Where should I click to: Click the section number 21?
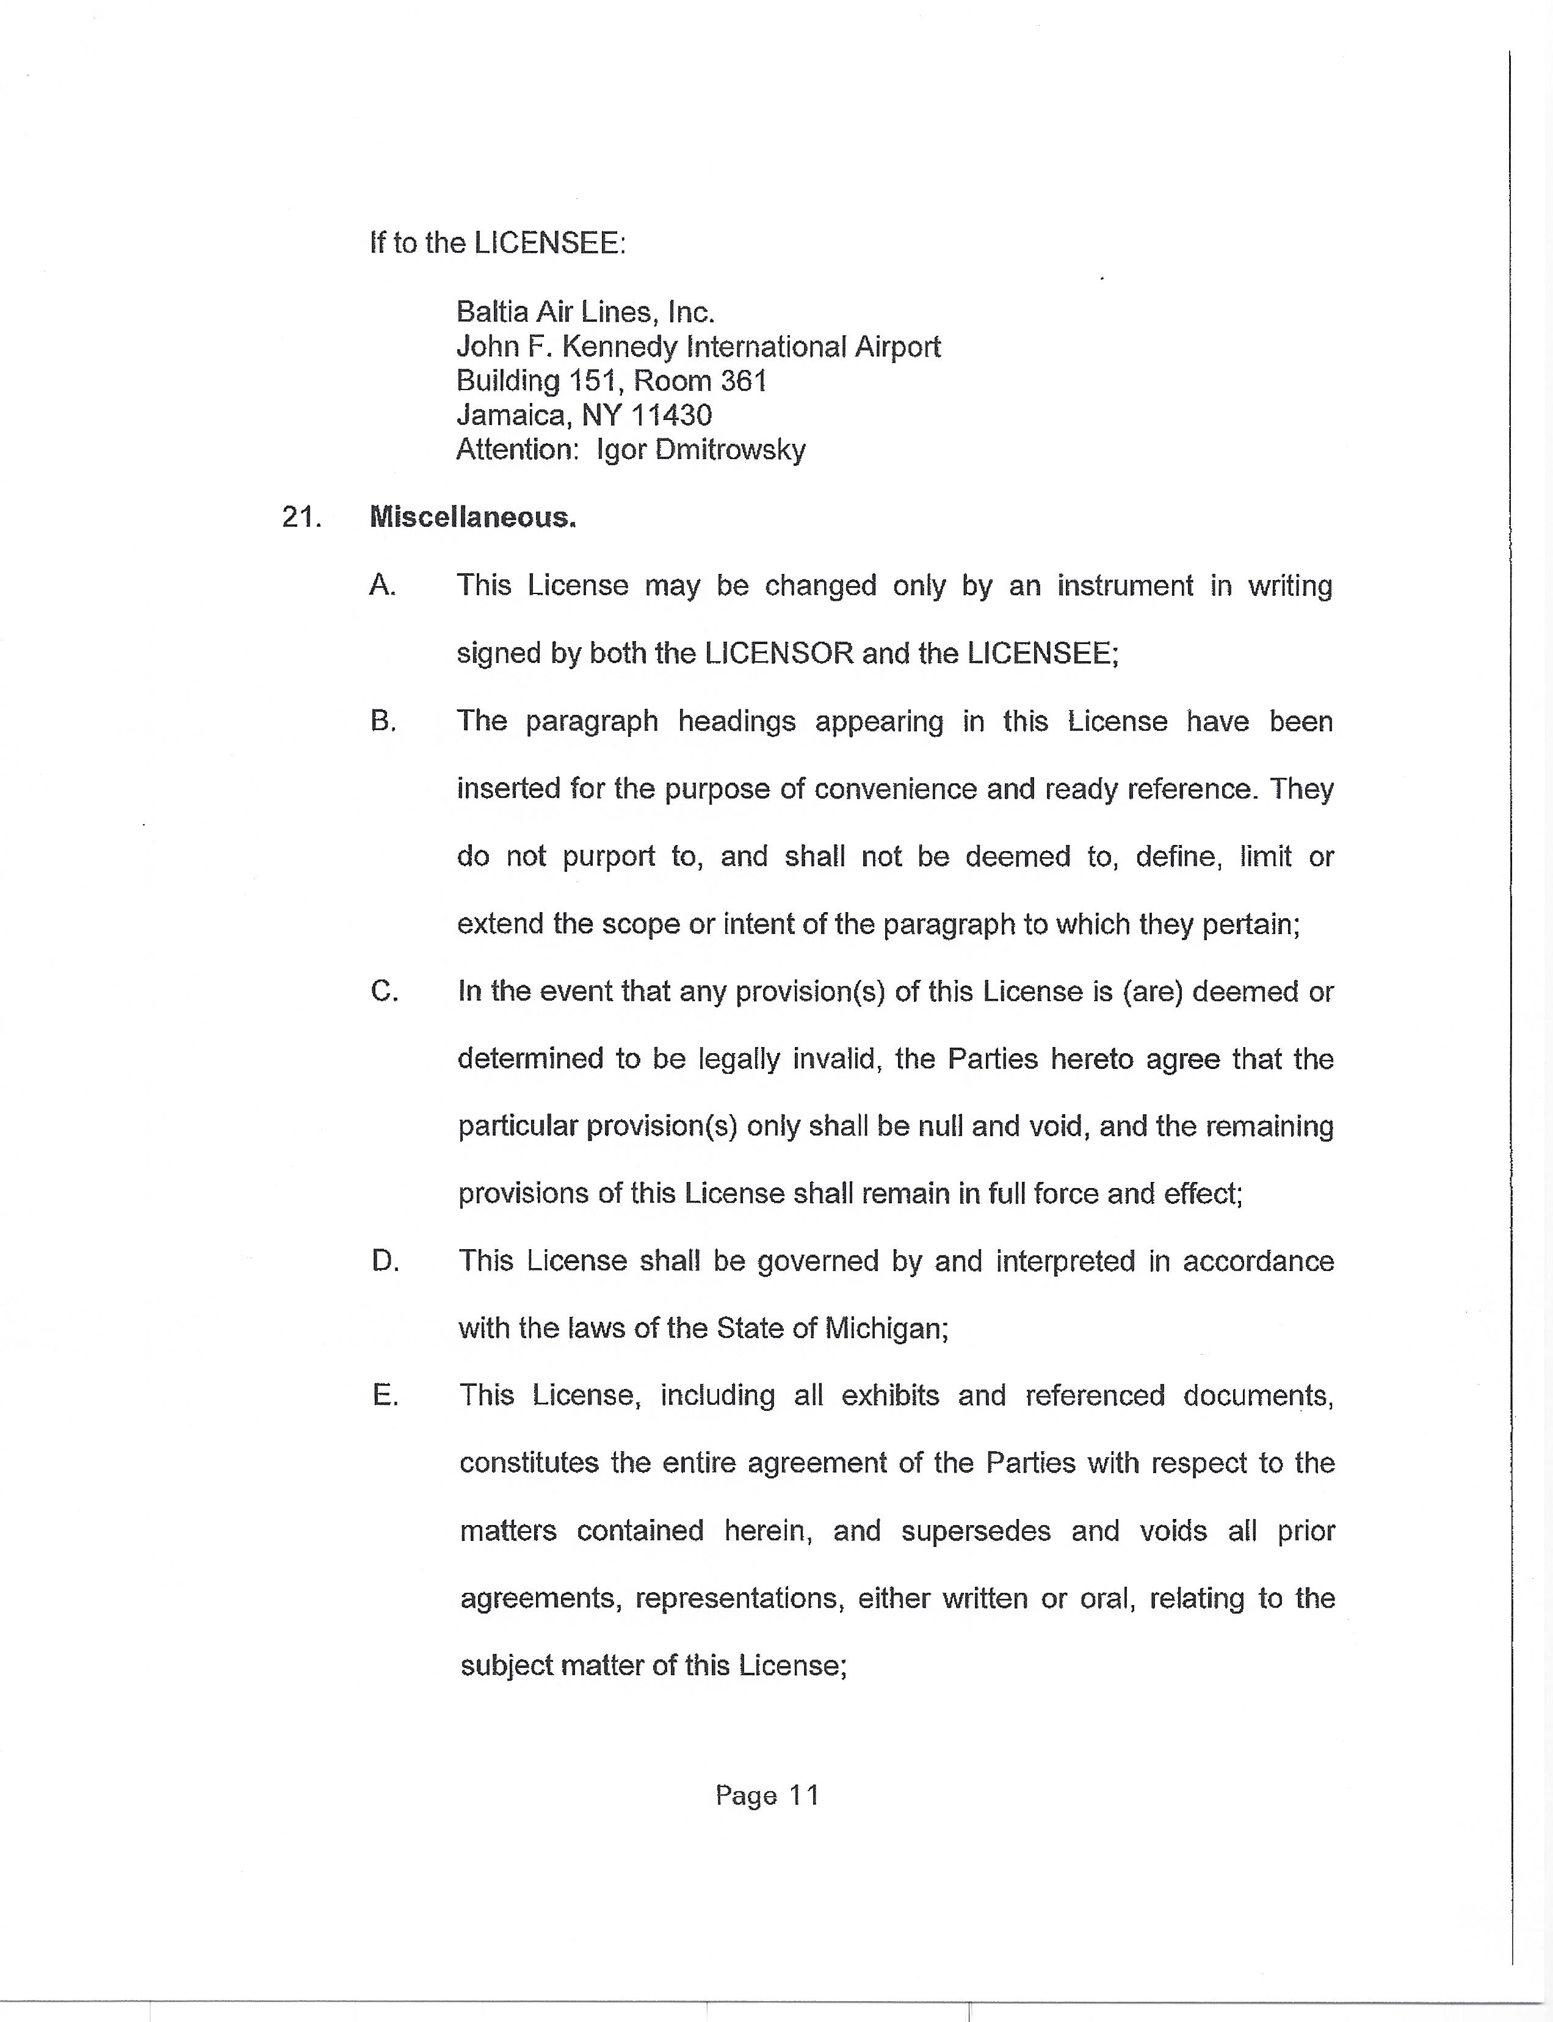point(302,518)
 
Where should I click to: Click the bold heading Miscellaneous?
point(472,518)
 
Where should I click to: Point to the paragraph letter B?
point(383,721)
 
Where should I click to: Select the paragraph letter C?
point(383,991)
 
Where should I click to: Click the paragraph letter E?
point(385,1395)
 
